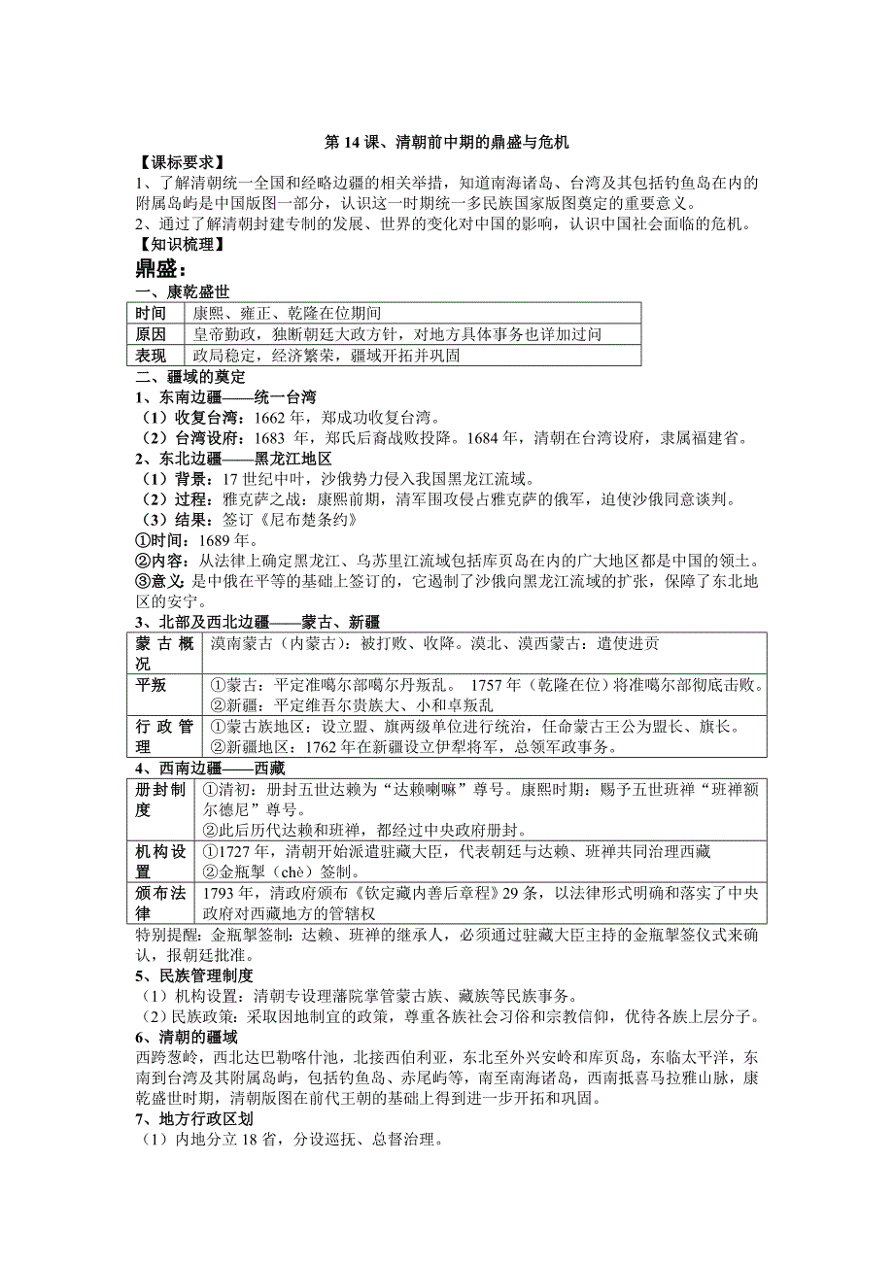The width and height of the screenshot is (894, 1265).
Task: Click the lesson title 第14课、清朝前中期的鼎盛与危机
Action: click(446, 142)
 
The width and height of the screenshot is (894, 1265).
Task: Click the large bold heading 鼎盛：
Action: click(160, 267)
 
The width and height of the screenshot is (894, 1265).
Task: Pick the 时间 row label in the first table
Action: click(152, 313)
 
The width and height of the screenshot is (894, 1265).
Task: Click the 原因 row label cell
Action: click(152, 333)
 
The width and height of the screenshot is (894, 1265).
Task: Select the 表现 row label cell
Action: click(152, 355)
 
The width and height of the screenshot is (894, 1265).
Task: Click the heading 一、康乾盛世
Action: click(182, 291)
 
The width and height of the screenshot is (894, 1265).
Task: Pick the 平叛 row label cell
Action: click(152, 685)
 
